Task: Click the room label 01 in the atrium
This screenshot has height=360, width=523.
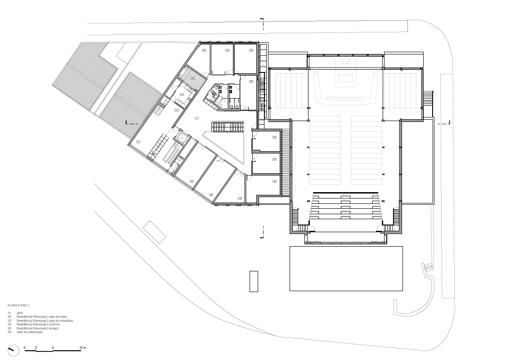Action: pyautogui.click(x=197, y=118)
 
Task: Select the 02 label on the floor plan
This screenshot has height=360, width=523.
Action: pyautogui.click(x=139, y=142)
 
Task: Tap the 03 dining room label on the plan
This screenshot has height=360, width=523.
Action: pyautogui.click(x=177, y=110)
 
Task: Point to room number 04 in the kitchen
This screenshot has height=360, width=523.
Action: pyautogui.click(x=182, y=94)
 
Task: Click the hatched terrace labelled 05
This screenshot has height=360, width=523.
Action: pyautogui.click(x=193, y=78)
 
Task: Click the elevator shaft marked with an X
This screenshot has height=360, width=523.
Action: pyautogui.click(x=182, y=137)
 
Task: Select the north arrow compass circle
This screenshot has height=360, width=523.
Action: pyautogui.click(x=12, y=349)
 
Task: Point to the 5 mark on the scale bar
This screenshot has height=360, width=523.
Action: pyautogui.click(x=53, y=348)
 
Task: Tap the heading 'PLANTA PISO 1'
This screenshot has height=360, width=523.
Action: pyautogui.click(x=19, y=305)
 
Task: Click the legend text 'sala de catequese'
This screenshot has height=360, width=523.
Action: pyautogui.click(x=30, y=332)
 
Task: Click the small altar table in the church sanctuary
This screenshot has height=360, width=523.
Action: pyautogui.click(x=345, y=79)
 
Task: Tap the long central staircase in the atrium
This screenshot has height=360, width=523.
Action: pyautogui.click(x=227, y=126)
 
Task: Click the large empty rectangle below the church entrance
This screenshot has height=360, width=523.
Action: pyautogui.click(x=346, y=268)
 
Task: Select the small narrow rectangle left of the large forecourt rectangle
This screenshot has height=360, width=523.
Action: pyautogui.click(x=254, y=281)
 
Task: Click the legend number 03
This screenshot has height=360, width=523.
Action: pyautogui.click(x=9, y=320)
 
